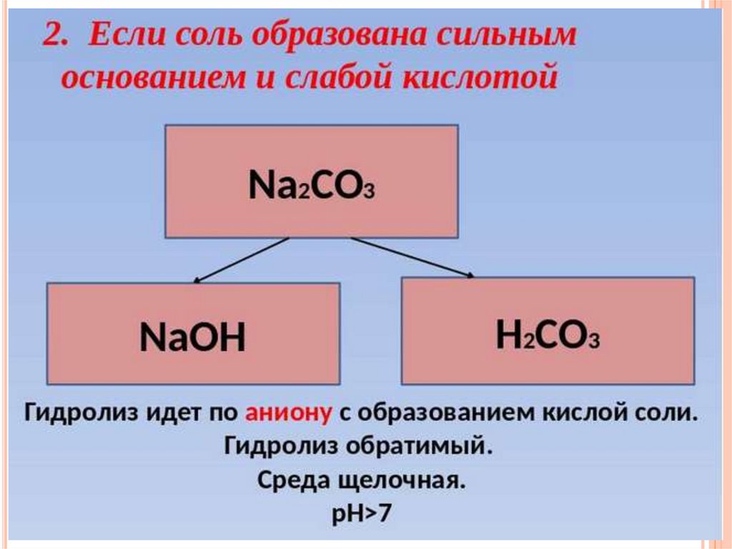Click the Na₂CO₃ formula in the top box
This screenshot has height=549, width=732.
click(312, 186)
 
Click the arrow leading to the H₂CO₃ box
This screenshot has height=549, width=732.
click(413, 256)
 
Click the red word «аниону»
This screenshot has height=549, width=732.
click(289, 413)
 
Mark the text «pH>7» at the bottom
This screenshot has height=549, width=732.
click(362, 513)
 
